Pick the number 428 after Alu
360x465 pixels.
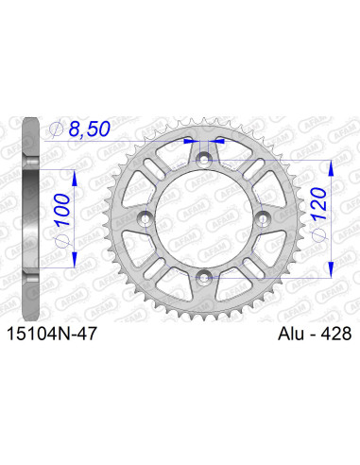(x=330, y=334)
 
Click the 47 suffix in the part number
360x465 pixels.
(x=82, y=334)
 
